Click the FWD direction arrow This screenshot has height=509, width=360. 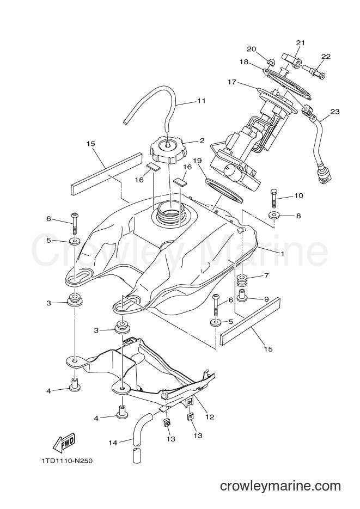64,443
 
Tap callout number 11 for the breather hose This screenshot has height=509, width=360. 202,101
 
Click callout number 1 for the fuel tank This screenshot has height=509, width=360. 283,254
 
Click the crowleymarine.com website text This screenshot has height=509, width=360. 280,486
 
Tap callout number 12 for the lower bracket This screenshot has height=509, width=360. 210,417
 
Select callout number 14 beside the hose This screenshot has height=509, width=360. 113,442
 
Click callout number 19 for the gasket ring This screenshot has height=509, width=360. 197,161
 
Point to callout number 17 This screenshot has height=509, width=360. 232,82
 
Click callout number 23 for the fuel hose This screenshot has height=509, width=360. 335,112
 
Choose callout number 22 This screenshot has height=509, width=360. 326,57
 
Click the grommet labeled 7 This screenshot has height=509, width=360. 242,280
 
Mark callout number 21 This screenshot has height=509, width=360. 301,42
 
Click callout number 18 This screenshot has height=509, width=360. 244,62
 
